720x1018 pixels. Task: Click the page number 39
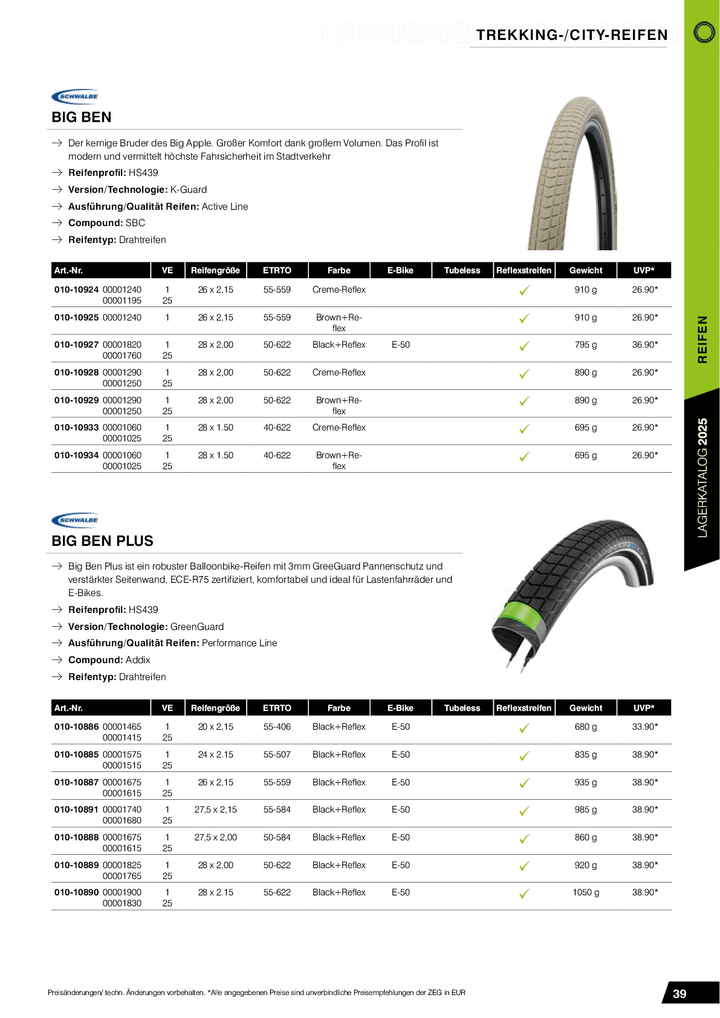679,994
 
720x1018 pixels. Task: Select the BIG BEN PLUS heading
102,541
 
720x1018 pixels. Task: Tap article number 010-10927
76,345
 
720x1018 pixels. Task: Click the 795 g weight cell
585,345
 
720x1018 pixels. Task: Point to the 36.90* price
644,345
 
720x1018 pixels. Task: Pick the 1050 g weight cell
585,892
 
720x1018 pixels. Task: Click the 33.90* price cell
644,727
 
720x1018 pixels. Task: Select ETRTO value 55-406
277,727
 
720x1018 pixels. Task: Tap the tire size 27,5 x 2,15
215,809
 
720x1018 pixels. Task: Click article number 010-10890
76,892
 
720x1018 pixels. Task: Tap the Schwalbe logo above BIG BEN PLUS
75,520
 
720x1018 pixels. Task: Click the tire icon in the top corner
704,32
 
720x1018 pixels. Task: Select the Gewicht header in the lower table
585,708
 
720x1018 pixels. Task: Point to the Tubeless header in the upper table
462,270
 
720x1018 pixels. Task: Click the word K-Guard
189,190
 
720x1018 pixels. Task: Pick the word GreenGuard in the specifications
197,627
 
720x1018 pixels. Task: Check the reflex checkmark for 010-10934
524,456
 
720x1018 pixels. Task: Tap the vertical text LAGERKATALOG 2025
702,478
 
